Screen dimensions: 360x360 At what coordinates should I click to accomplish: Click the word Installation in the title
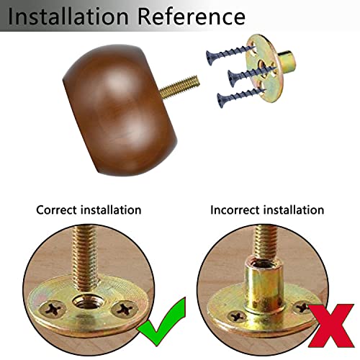click(x=68, y=17)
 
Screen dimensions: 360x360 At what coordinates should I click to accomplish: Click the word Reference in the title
click(x=192, y=17)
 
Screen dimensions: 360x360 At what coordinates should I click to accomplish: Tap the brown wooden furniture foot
click(x=120, y=109)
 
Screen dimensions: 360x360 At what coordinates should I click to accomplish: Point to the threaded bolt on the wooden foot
click(x=179, y=86)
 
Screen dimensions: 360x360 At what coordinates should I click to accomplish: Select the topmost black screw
click(x=229, y=54)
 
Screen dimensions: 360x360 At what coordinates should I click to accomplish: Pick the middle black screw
click(x=251, y=76)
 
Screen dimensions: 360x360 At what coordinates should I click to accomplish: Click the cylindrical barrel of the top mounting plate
click(x=287, y=60)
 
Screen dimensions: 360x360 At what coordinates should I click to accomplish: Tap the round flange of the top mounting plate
click(x=264, y=68)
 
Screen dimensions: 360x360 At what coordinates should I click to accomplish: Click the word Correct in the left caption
click(x=56, y=210)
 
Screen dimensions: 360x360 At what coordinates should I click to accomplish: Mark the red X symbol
click(x=330, y=325)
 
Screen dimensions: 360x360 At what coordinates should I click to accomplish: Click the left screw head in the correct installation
click(x=53, y=309)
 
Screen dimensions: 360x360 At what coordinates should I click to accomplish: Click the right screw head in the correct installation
click(x=125, y=309)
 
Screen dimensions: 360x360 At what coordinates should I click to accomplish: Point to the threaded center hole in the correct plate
click(x=89, y=302)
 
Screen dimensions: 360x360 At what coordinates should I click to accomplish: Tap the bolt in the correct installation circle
click(x=86, y=258)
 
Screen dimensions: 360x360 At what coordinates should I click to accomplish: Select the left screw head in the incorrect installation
click(x=237, y=317)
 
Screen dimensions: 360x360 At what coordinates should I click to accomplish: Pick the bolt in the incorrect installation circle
click(x=266, y=243)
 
